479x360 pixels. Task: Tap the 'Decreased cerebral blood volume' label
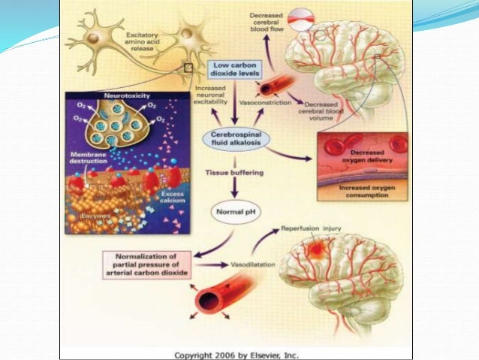[x=320, y=110]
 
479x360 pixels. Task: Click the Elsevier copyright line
[x=236, y=353]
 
